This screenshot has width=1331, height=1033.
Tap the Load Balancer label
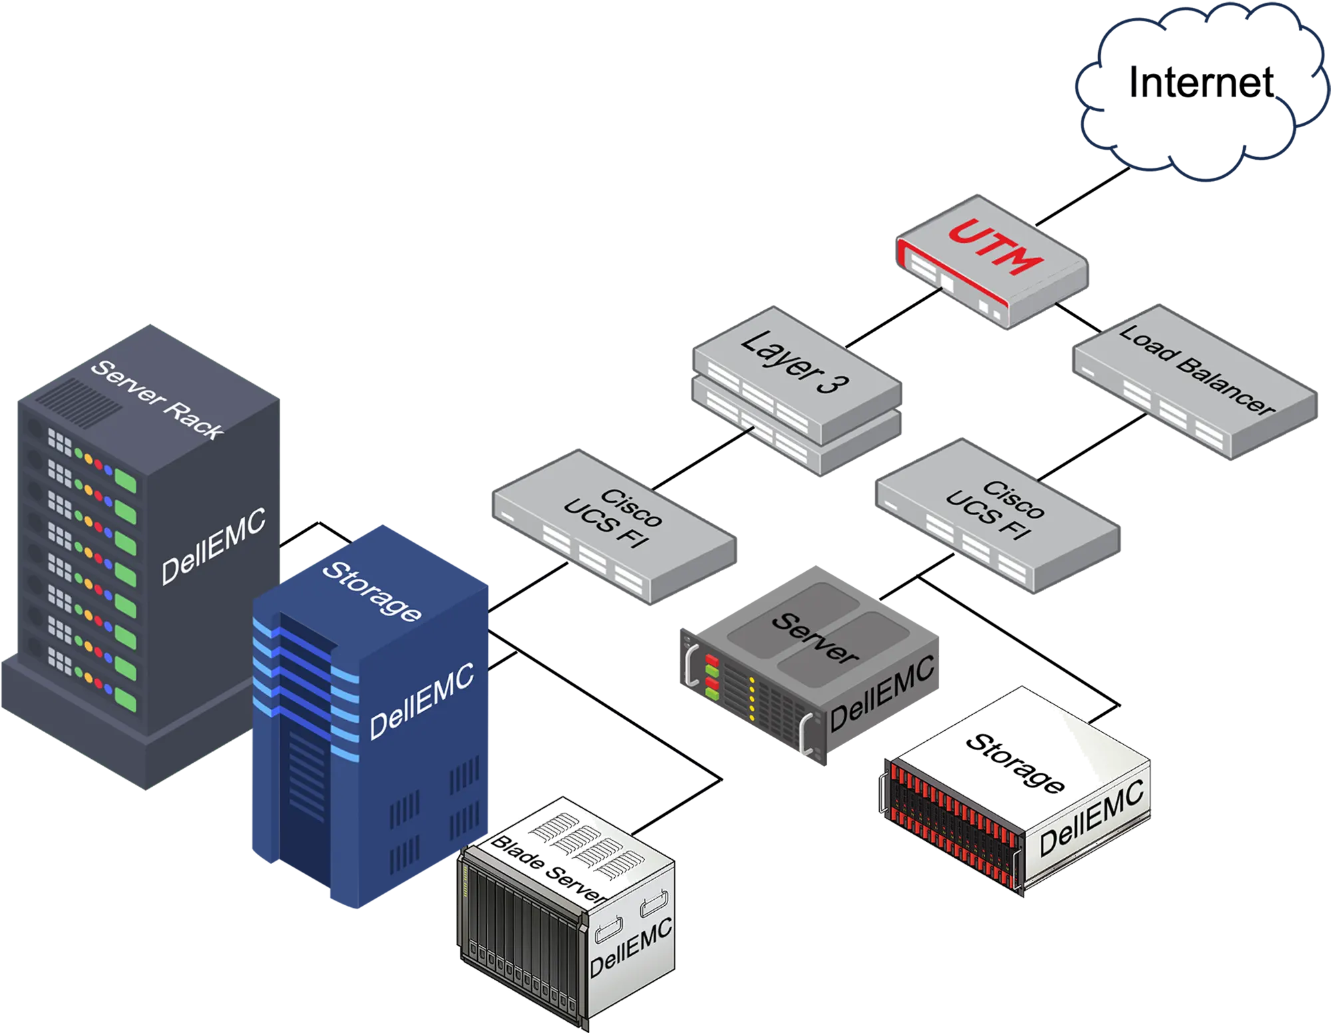point(1197,370)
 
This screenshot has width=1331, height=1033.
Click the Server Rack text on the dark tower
point(157,399)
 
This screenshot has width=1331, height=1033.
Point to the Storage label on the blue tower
point(371,591)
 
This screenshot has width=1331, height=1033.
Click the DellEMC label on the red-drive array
point(1091,818)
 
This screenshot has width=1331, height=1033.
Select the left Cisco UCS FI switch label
point(612,518)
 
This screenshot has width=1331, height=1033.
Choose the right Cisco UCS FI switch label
point(994,510)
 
